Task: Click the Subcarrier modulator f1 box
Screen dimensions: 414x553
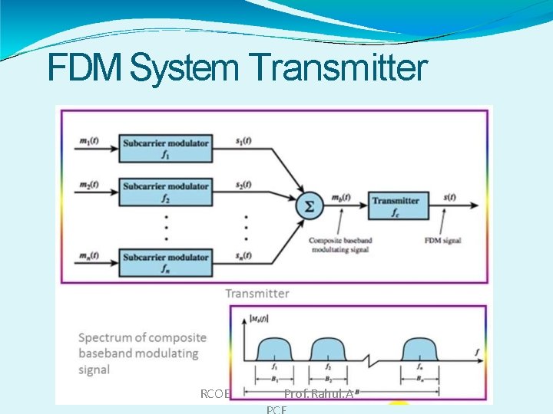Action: (165, 147)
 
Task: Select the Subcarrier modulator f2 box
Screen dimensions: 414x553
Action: (165, 192)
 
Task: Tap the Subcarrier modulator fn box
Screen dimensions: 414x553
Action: (165, 261)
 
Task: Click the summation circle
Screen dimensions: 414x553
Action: (307, 206)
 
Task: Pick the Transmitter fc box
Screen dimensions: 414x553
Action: (396, 205)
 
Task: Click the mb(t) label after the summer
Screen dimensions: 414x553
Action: (340, 199)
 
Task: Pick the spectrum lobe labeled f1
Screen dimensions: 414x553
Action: (274, 350)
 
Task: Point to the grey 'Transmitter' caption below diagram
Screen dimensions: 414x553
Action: (257, 294)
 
